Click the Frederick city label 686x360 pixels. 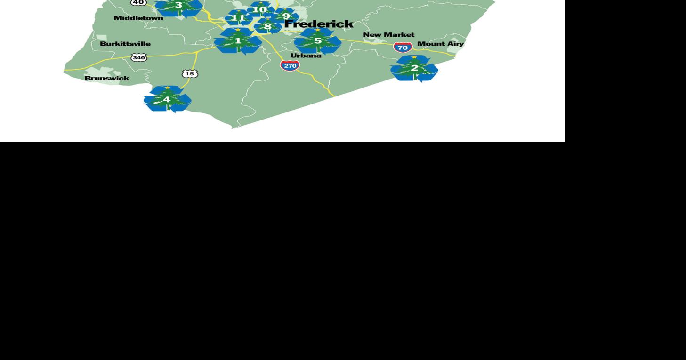point(319,24)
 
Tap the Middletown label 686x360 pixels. point(138,18)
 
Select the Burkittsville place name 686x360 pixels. point(125,44)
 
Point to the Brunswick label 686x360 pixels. point(107,78)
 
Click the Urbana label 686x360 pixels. point(306,56)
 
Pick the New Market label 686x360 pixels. point(389,35)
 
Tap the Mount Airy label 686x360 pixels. point(440,44)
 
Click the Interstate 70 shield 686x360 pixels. point(403,47)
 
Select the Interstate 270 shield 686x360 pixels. point(290,65)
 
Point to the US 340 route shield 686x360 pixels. point(139,57)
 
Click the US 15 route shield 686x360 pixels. point(190,74)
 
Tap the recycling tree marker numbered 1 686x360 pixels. point(238,41)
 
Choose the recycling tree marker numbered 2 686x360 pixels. point(414,68)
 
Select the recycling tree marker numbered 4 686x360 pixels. point(167,99)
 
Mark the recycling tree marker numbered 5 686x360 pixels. point(318,41)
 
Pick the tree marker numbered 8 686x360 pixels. point(267,26)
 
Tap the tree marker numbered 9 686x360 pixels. point(286,16)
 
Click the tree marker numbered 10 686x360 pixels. point(259,9)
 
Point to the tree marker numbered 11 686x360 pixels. point(238,18)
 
